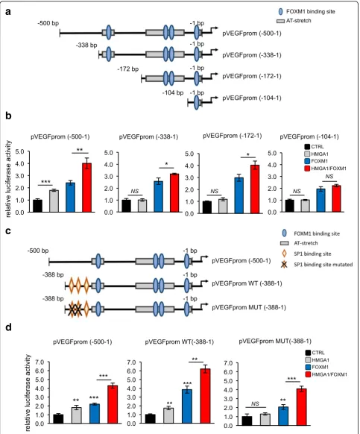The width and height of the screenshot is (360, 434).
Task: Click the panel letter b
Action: [8, 116]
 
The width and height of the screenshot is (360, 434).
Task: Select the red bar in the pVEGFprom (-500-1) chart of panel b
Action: [87, 188]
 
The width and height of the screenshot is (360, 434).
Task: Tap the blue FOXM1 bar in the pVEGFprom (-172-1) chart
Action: [239, 195]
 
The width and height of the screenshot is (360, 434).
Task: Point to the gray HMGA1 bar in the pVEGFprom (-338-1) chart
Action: [143, 206]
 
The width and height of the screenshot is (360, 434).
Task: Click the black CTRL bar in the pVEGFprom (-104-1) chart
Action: [289, 206]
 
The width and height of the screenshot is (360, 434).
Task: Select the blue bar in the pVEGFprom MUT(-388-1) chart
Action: [283, 416]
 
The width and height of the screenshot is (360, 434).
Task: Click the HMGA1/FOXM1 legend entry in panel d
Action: [326, 374]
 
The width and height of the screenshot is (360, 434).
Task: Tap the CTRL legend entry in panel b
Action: [314, 147]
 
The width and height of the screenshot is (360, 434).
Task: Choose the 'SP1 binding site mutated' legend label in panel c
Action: [323, 265]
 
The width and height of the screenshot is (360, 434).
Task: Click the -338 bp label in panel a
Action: [86, 45]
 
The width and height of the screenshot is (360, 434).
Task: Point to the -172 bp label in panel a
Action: [128, 69]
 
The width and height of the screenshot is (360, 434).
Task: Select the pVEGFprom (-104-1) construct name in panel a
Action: [252, 98]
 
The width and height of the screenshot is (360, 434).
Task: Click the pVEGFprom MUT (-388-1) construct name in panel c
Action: [249, 307]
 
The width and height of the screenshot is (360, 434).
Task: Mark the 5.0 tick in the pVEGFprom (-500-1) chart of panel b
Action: [19, 151]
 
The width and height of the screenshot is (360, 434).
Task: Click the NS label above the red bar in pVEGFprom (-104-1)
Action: [329, 177]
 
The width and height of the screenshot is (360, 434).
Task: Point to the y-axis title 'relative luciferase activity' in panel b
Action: [9, 179]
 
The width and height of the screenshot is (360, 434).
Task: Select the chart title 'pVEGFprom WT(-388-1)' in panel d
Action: [180, 342]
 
